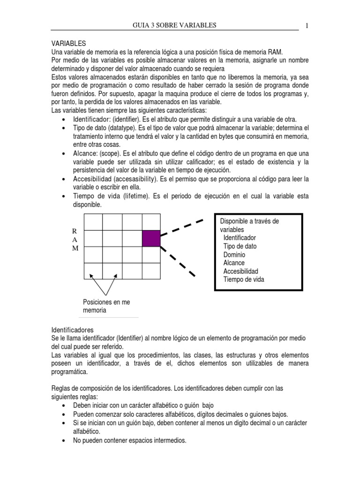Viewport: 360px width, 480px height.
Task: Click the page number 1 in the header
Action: click(307, 25)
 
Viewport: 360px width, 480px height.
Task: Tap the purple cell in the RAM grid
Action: click(151, 238)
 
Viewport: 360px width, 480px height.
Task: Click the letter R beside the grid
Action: click(74, 231)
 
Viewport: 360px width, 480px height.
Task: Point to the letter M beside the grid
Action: click(75, 248)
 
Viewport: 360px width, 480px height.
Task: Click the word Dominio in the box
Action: click(234, 255)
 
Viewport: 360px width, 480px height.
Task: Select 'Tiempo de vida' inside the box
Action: click(244, 279)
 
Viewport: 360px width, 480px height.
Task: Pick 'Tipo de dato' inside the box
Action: click(240, 246)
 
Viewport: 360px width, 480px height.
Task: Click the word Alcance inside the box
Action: click(234, 263)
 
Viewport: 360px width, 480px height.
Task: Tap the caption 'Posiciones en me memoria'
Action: click(106, 306)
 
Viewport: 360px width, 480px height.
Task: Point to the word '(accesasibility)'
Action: click(134, 179)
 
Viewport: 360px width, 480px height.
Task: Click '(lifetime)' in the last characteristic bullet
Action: click(135, 196)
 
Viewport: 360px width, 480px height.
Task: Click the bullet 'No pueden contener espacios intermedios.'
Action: click(130, 441)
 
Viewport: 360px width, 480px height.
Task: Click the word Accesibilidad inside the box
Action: click(240, 271)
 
